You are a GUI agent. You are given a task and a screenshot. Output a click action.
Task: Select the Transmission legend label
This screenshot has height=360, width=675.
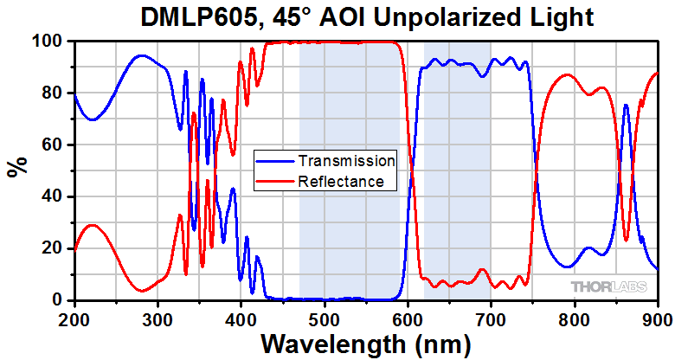(346, 161)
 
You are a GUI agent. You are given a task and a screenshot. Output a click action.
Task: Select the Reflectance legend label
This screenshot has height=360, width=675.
(340, 181)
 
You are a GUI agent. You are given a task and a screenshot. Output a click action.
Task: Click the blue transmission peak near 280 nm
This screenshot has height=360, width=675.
(141, 55)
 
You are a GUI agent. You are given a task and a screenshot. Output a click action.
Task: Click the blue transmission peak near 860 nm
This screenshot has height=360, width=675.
(626, 105)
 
